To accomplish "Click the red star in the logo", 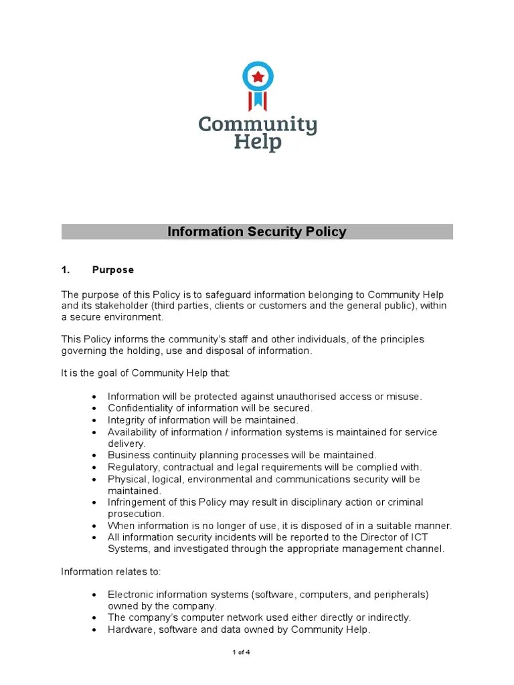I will [258, 77].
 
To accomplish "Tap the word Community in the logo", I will [258, 124].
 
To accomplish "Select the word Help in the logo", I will [258, 142].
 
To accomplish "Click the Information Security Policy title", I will [257, 232].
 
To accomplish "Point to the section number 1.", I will [66, 270].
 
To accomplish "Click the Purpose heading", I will [113, 270].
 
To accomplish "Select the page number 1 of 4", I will [241, 652].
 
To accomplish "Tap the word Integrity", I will [125, 420].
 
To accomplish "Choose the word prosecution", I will [136, 514].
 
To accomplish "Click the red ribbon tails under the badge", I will [258, 101].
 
